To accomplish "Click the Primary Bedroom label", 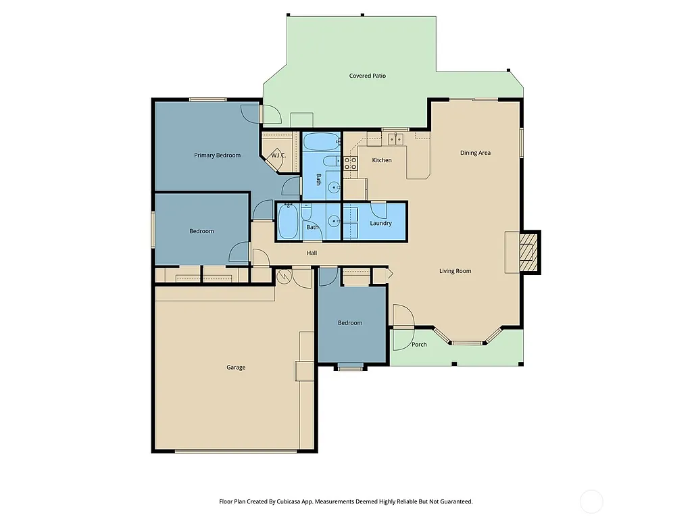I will (217, 155).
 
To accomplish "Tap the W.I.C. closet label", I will (278, 156).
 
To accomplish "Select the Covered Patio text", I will (367, 76).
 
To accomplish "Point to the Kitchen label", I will (382, 160).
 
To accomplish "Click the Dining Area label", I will (475, 153).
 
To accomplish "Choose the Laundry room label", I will (380, 224).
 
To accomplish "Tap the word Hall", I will (312, 253).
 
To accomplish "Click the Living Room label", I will (455, 271).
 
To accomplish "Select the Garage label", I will (236, 368).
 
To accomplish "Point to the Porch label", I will (419, 345).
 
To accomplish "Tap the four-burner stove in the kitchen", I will (350, 163).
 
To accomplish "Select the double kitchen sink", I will (395, 139).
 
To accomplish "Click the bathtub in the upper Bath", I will (320, 142).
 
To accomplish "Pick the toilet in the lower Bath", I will (306, 215).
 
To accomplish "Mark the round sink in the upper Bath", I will (333, 188).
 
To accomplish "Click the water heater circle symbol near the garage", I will (285, 276).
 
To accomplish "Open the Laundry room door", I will (378, 207).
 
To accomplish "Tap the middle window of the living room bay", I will (468, 343).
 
